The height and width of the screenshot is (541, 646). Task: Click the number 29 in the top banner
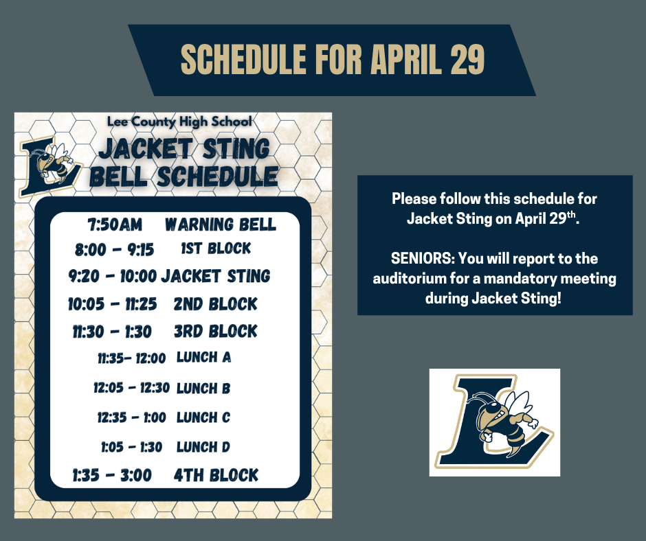467,61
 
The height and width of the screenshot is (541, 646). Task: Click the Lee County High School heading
180,122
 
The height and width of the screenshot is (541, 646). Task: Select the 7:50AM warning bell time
115,225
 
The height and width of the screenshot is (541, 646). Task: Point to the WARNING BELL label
221,225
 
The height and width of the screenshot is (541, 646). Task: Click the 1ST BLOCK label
216,248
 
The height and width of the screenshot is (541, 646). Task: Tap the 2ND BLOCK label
216,304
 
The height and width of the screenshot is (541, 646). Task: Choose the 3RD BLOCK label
216,332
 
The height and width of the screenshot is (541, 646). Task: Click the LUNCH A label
204,357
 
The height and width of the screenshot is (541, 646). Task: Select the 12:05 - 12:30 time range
131,388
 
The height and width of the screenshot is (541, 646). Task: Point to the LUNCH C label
203,417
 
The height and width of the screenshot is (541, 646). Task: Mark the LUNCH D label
203,447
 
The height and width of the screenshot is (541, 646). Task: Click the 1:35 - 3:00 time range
112,475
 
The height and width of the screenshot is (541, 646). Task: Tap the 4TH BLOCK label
216,475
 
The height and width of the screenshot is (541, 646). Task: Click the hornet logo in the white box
495,422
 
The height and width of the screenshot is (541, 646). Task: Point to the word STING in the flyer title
232,148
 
